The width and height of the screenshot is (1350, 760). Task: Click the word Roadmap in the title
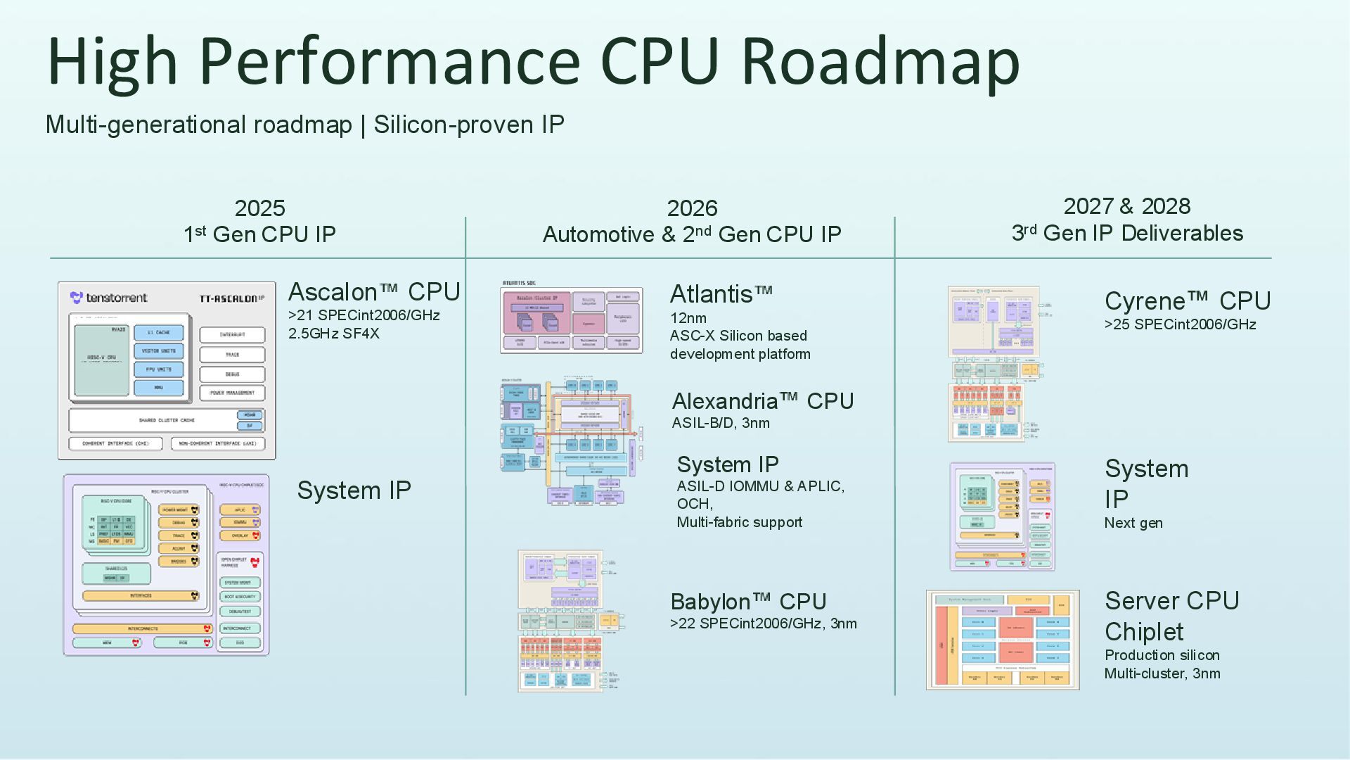pyautogui.click(x=880, y=61)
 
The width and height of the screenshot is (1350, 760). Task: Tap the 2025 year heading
pyautogui.click(x=259, y=208)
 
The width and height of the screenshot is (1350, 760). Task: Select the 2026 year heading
pyautogui.click(x=692, y=208)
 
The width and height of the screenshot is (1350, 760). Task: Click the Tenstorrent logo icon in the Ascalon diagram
pyautogui.click(x=77, y=298)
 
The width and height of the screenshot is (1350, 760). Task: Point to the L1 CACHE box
pyautogui.click(x=159, y=332)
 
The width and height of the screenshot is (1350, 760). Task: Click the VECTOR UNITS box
pyautogui.click(x=159, y=350)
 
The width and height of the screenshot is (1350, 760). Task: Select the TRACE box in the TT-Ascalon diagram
pyautogui.click(x=232, y=355)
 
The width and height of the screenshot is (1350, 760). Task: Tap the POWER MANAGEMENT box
pyautogui.click(x=232, y=393)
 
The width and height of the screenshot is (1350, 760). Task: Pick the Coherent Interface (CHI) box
pyautogui.click(x=116, y=444)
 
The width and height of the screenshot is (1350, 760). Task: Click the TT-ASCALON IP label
pyautogui.click(x=231, y=298)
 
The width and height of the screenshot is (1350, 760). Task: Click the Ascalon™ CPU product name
pyautogui.click(x=374, y=291)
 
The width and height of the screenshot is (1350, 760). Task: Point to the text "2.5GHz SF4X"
pyautogui.click(x=334, y=334)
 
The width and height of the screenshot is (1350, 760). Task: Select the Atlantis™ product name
pyautogui.click(x=721, y=294)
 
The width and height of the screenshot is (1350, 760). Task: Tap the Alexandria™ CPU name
pyautogui.click(x=763, y=401)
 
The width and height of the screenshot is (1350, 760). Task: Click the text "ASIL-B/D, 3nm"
pyautogui.click(x=721, y=423)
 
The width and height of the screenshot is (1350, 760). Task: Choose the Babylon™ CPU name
pyautogui.click(x=748, y=602)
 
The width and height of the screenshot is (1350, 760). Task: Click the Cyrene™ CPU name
pyautogui.click(x=1188, y=301)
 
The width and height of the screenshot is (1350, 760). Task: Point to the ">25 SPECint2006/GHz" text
pyautogui.click(x=1180, y=324)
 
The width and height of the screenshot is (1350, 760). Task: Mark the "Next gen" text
pyautogui.click(x=1133, y=523)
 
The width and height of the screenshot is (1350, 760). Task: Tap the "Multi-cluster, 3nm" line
pyautogui.click(x=1162, y=673)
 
